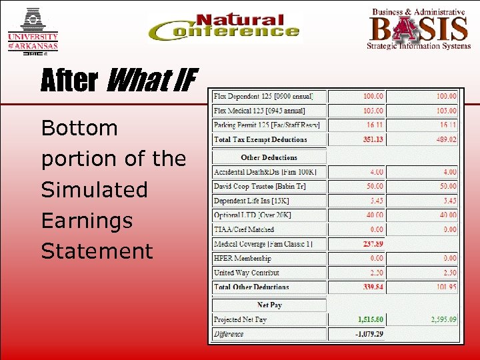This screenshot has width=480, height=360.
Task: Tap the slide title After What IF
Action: click(x=119, y=81)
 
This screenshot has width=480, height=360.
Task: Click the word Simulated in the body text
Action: click(x=94, y=189)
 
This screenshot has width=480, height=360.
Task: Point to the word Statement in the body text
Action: click(x=97, y=251)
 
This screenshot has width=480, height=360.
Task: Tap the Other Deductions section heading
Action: click(x=269, y=158)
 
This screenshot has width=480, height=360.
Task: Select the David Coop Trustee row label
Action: click(x=260, y=187)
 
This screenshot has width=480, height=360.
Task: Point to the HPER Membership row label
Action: click(x=243, y=258)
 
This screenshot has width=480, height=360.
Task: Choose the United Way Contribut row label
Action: click(x=247, y=273)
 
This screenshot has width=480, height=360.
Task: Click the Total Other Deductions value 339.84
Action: click(x=372, y=287)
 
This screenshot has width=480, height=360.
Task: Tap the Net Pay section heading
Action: click(x=269, y=305)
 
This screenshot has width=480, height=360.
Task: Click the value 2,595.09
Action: click(x=441, y=319)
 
